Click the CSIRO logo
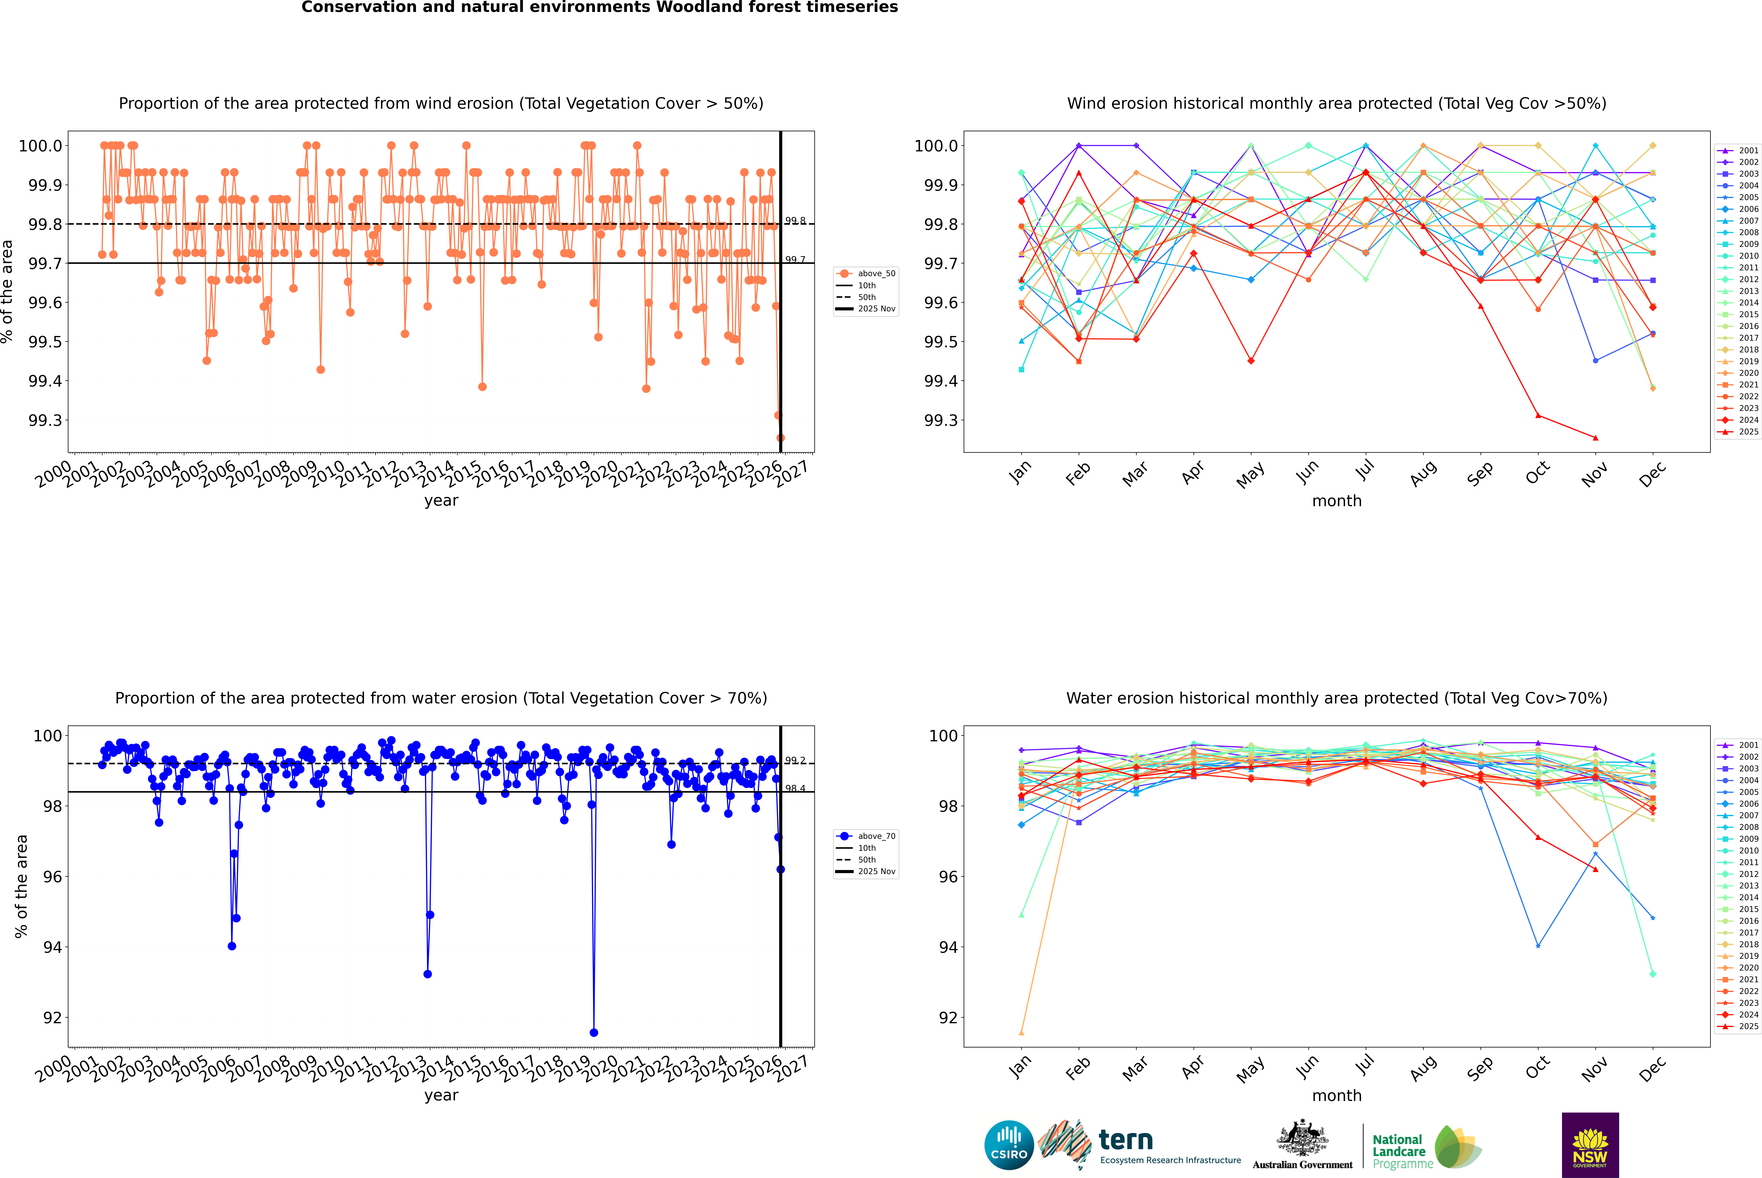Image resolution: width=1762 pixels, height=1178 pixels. coord(1009,1145)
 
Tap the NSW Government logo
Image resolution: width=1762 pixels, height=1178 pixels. coord(1590,1145)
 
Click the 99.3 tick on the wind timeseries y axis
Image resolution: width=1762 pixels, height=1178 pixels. coord(45,420)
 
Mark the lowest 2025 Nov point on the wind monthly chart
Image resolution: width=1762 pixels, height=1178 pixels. coord(1595,438)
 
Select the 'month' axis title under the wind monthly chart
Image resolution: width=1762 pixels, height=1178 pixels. coord(1336,501)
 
